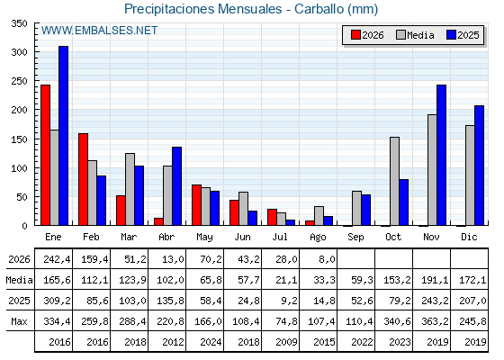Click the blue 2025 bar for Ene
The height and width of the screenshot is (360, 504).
coord(63,136)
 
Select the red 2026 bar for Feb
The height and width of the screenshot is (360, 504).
coord(83,179)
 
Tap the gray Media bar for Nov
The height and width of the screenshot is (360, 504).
coord(432,170)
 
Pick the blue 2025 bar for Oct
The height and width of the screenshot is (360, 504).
coord(404,202)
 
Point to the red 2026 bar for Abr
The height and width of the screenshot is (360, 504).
coord(158,221)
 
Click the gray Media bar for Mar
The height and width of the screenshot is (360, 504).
coord(130,189)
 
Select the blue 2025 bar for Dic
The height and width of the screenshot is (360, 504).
coord(479,166)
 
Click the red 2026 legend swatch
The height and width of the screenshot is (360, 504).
coord(355,35)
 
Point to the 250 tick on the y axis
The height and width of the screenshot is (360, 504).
coord(19,81)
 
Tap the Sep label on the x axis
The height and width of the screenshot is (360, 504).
coord(355,238)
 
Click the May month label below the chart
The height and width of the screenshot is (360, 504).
coord(204,238)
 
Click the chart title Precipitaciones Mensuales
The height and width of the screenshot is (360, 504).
coord(203,9)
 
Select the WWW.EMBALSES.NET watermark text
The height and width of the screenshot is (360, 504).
coord(99,31)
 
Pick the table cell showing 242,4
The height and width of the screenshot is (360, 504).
coord(57,259)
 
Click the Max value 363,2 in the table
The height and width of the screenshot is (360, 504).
coord(435,321)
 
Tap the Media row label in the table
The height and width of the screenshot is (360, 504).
coord(19,280)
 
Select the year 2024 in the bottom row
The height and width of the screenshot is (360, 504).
coord(211,342)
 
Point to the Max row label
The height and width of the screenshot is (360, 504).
coord(19,321)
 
